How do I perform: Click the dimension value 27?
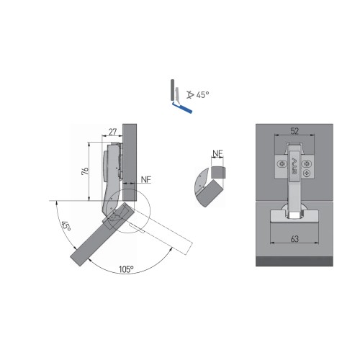(112, 132)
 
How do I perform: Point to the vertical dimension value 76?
(84, 172)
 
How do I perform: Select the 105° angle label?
(126, 269)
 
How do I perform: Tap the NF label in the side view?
(146, 179)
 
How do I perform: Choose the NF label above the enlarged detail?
(218, 153)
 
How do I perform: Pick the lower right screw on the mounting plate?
(308, 173)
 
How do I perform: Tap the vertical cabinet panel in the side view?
(130, 158)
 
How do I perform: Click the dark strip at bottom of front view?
(296, 262)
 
